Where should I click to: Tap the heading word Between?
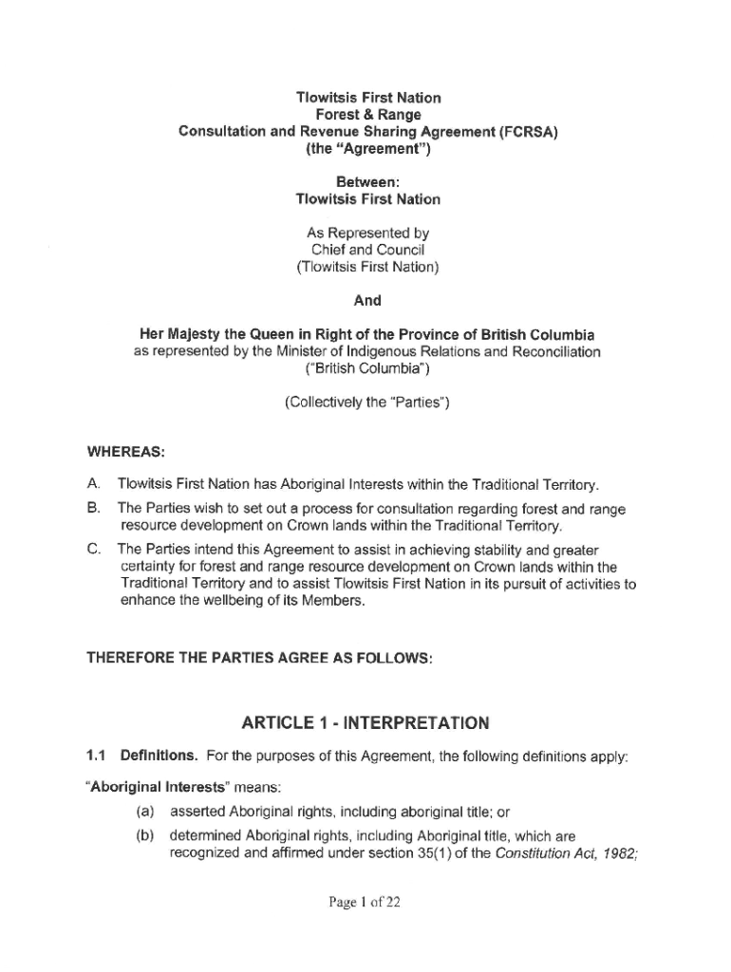(367, 180)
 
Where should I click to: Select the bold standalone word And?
(367, 300)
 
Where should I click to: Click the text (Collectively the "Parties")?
(366, 402)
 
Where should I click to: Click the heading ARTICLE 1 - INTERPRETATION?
(365, 724)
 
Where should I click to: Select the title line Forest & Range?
(367, 115)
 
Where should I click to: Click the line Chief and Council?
(367, 250)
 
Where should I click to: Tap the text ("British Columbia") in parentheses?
(366, 368)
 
